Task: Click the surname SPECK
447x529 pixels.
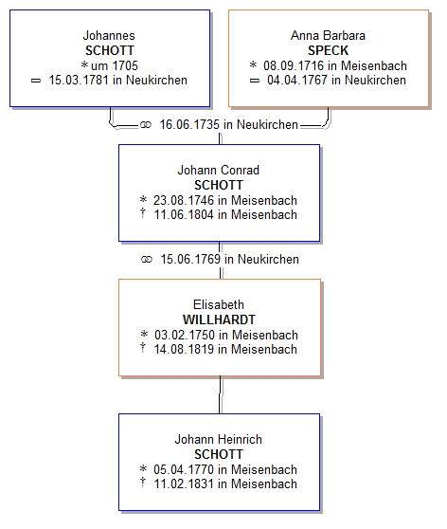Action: [x=328, y=50]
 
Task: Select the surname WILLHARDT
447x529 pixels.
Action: [x=219, y=319]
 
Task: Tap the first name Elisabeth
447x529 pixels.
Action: [x=219, y=304]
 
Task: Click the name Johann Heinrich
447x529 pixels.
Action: [x=219, y=439]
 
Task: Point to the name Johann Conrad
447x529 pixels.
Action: [x=219, y=170]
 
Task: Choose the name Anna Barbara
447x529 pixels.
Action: [x=328, y=35]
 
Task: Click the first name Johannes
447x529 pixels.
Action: [x=109, y=35]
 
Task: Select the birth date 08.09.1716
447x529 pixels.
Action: [x=294, y=65]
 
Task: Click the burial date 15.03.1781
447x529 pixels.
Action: [x=79, y=81]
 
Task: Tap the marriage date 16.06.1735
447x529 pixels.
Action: [x=189, y=124]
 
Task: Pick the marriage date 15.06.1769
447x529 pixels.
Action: [x=190, y=259]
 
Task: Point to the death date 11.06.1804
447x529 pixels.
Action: [x=184, y=214]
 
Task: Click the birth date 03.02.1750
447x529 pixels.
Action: [x=185, y=335]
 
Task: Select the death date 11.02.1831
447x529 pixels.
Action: [x=184, y=483]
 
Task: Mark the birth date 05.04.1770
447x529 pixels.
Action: [x=184, y=469]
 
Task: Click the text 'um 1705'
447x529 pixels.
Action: [x=115, y=65]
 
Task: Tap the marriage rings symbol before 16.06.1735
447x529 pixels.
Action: [x=146, y=125]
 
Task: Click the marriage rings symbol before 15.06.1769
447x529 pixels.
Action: [x=147, y=260]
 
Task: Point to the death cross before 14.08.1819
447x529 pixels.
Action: [x=143, y=347]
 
